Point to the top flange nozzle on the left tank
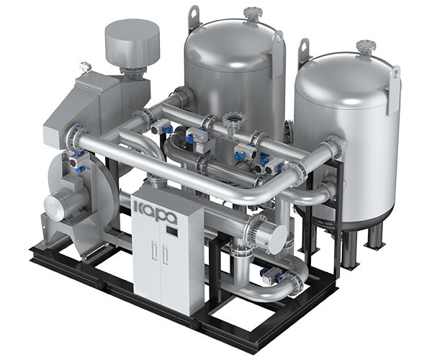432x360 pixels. coord(252,13)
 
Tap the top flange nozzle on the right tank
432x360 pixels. coord(366,48)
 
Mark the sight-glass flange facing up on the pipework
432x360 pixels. coord(232,120)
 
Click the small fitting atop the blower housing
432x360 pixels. coord(85,67)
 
